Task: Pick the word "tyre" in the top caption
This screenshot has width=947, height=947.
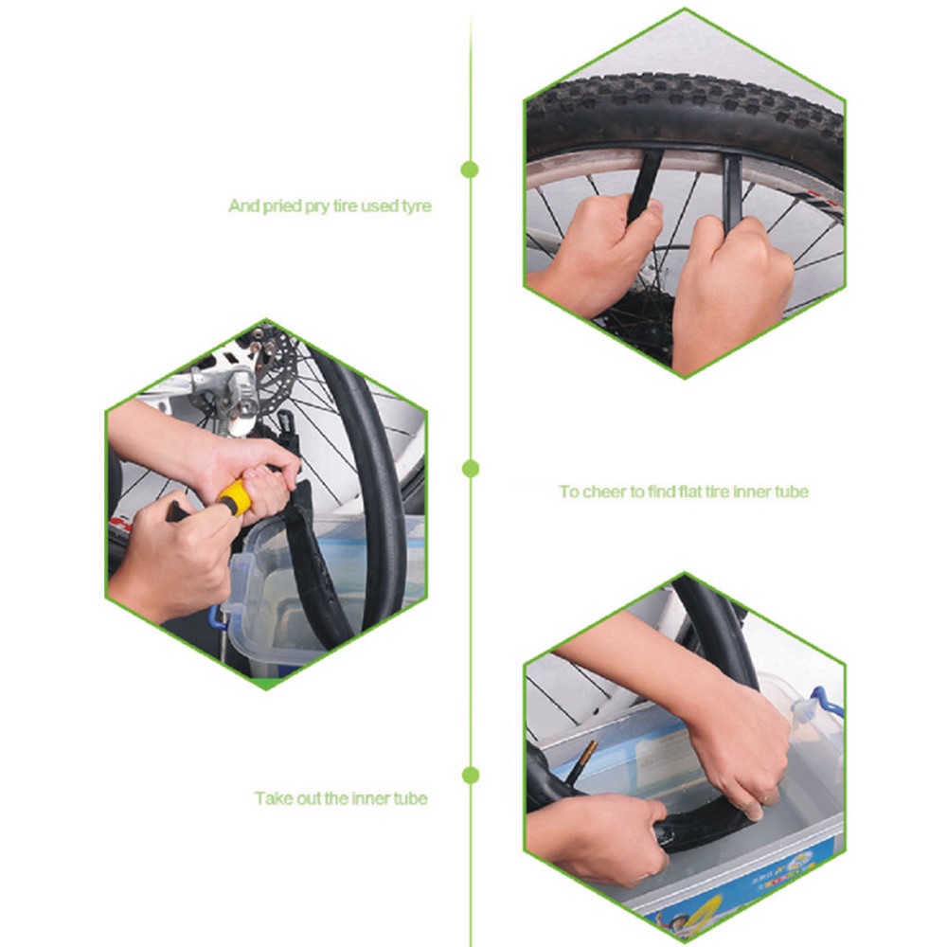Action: [414, 205]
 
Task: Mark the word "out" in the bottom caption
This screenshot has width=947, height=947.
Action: [306, 798]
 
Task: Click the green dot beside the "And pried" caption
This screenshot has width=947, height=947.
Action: [469, 170]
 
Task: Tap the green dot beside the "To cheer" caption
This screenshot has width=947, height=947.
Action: [470, 468]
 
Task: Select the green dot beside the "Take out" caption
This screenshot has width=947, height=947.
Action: [470, 776]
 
